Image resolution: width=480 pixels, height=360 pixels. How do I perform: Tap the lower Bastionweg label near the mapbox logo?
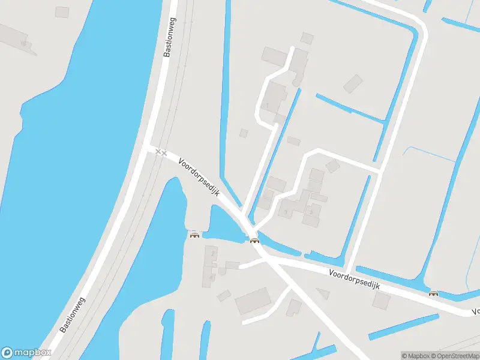pyautogui.click(x=73, y=315)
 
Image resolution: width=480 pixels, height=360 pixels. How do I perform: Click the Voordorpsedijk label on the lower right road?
pyautogui.click(x=355, y=280)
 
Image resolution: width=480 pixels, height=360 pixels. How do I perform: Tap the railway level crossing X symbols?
pyautogui.click(x=160, y=152)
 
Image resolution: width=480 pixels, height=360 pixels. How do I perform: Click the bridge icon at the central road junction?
pyautogui.click(x=254, y=241)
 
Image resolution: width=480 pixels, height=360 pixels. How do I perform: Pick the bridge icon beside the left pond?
pyautogui.click(x=194, y=234)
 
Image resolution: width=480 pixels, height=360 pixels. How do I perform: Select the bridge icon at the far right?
pyautogui.click(x=433, y=293)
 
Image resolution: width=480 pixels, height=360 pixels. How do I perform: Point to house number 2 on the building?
pyautogui.click(x=213, y=254)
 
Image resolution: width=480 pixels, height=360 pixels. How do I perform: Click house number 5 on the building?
pyautogui.click(x=311, y=211)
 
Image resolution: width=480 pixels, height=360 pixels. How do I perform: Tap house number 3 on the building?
pyautogui.click(x=286, y=212)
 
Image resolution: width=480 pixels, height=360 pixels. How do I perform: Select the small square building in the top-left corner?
pyautogui.click(x=62, y=12)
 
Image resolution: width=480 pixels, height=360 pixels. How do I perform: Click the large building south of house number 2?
pyautogui.click(x=253, y=301)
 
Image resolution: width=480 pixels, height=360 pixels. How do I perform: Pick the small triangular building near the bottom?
pyautogui.click(x=323, y=293)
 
